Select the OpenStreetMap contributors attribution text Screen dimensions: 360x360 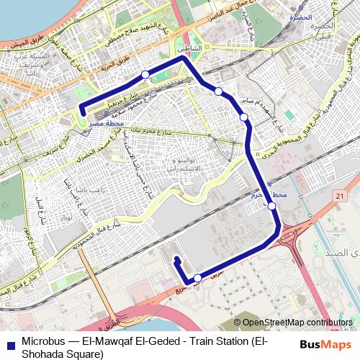pyautogui.click(x=297, y=323)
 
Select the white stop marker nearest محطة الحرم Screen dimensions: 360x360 pyautogui.click(x=272, y=207)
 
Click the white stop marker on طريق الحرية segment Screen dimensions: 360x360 pyautogui.click(x=145, y=75)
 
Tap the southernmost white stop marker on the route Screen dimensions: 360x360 pyautogui.click(x=198, y=278)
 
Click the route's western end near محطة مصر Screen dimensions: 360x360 pyautogui.click(x=82, y=111)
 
